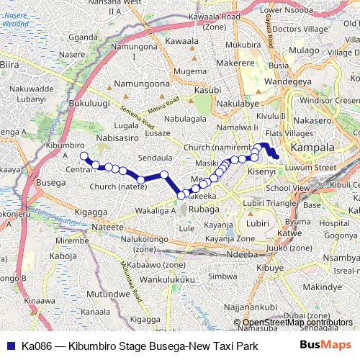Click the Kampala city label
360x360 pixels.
point(312,147)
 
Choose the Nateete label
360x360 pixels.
point(107,227)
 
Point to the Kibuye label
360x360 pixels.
point(270,268)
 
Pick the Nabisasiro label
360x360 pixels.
point(117,137)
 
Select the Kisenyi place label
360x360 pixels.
point(261,173)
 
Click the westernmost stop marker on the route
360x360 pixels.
point(84,156)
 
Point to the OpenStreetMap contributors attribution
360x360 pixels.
point(297,323)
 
